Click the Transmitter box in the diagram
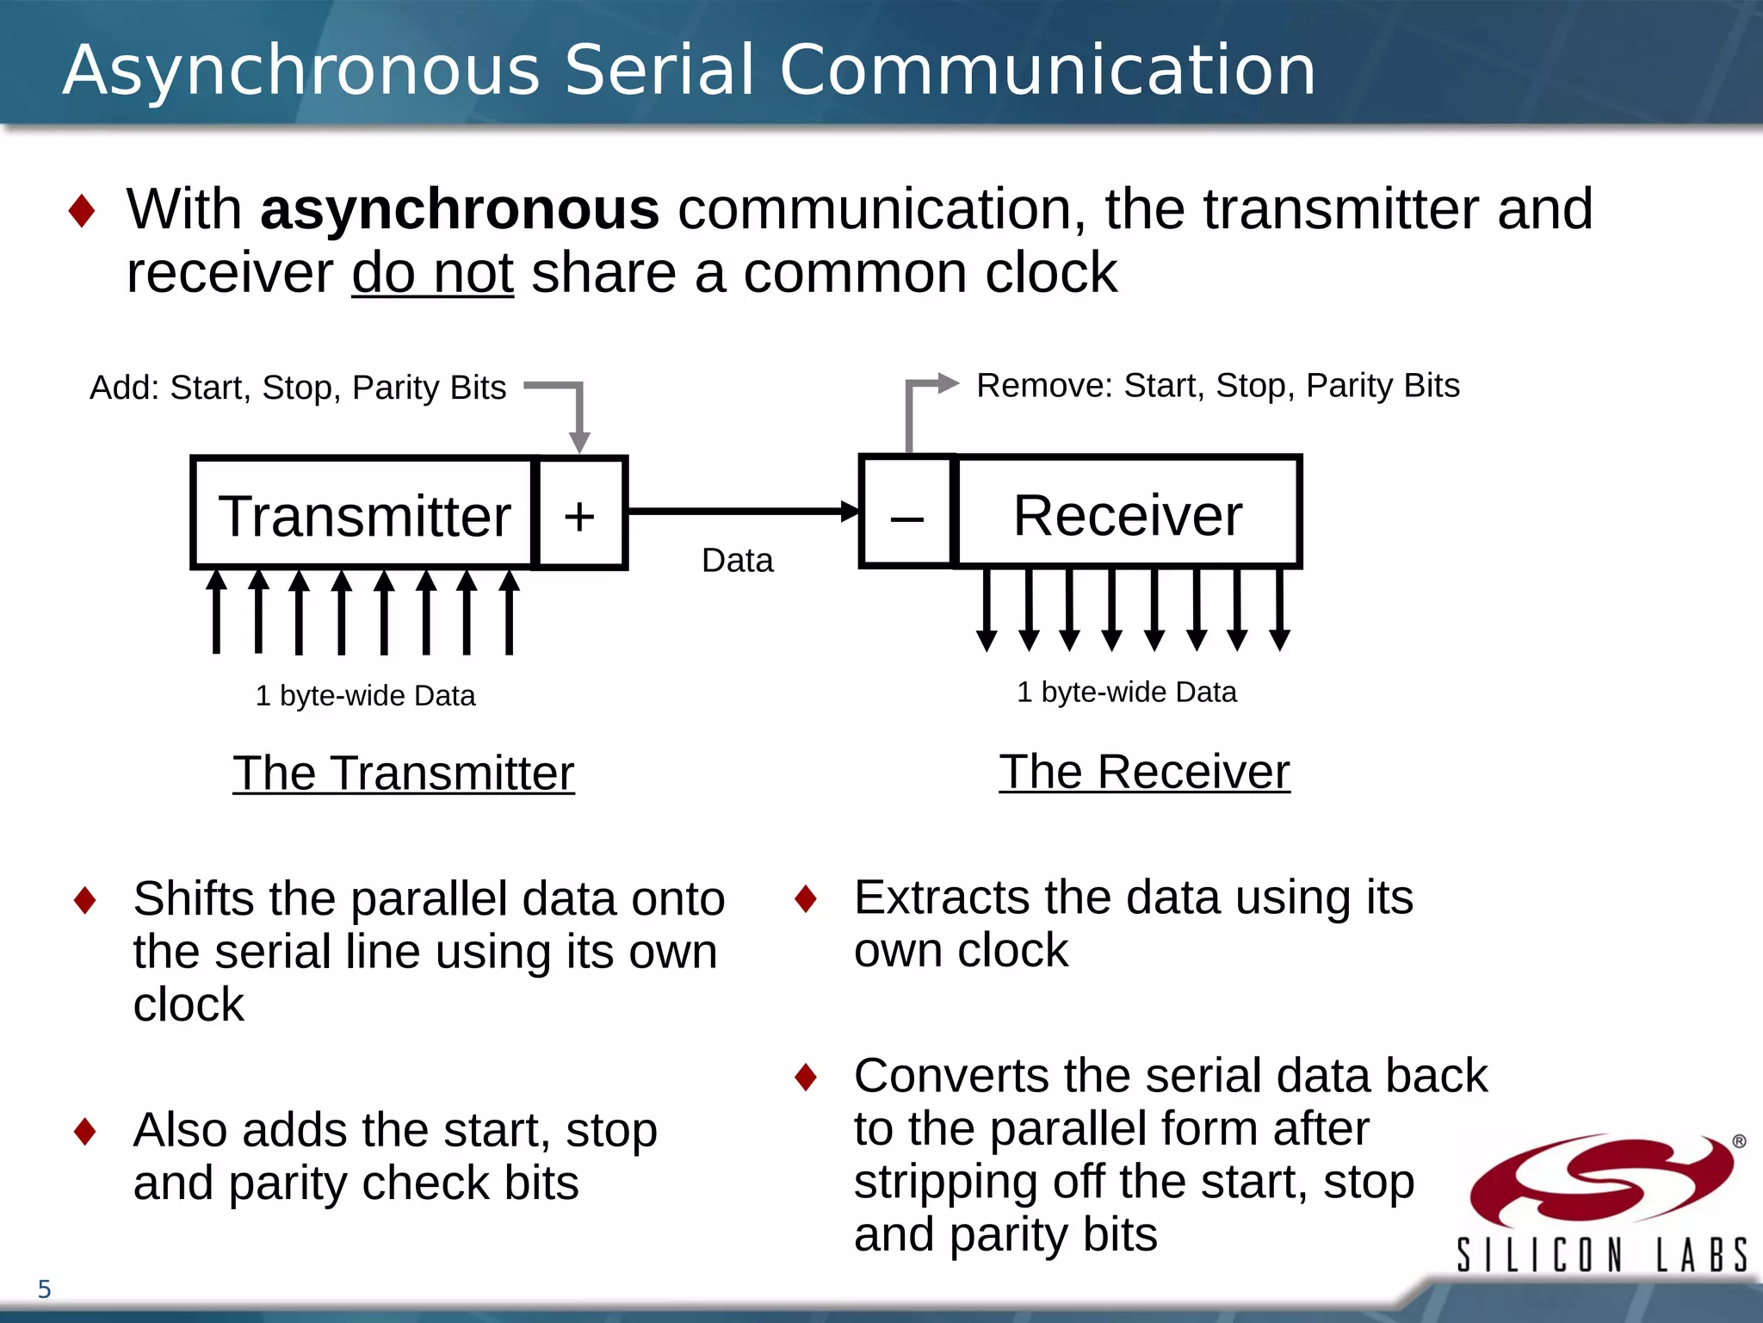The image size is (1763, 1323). coord(363,514)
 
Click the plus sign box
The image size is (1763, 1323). coord(579,514)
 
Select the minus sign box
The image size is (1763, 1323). coord(907,514)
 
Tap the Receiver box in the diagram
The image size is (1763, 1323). coord(1127,514)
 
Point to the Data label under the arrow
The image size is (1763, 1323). coord(737,561)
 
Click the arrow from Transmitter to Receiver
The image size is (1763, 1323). coord(740,512)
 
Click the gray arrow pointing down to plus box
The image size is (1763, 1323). coord(578,418)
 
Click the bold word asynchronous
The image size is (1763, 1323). coord(460,209)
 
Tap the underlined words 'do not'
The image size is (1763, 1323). coord(432,273)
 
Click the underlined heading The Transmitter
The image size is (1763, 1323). coord(403,773)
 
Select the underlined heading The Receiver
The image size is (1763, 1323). coord(1144,771)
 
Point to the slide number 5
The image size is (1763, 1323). coord(45,1289)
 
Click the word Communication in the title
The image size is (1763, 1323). coord(1047,70)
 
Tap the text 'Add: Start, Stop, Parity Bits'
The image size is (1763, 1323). coord(298,388)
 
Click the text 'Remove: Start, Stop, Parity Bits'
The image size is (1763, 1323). coord(1217,385)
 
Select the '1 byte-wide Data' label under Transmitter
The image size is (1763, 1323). coord(365,695)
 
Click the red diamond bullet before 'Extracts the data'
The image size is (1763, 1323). coord(806,898)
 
